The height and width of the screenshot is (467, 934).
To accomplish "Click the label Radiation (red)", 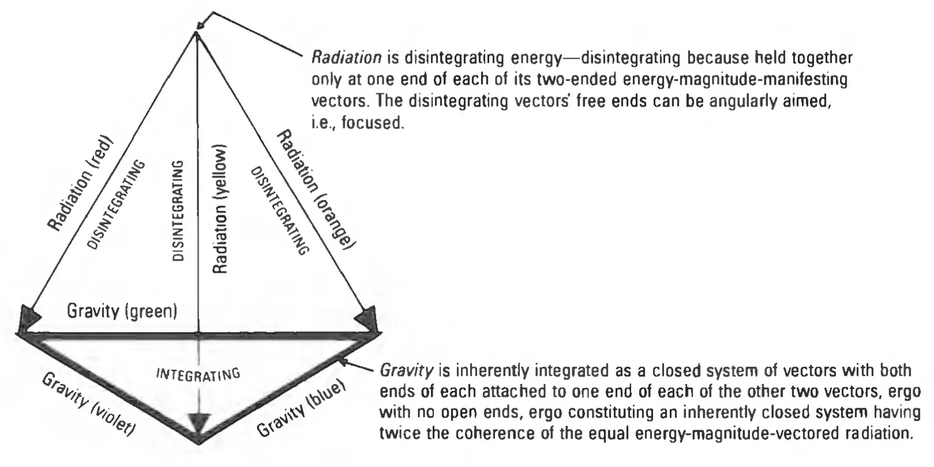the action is (x=80, y=183).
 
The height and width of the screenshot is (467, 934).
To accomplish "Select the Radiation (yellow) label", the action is (x=219, y=209).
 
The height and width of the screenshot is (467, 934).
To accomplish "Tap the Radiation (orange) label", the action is (x=317, y=189).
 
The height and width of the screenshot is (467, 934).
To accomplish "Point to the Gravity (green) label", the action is (x=122, y=312).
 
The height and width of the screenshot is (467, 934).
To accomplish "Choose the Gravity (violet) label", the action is (x=89, y=404).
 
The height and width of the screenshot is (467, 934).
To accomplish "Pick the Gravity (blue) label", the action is (x=301, y=408).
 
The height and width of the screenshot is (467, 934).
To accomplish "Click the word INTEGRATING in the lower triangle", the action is (x=198, y=374).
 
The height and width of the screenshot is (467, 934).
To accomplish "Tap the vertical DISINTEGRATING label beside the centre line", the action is (x=178, y=211).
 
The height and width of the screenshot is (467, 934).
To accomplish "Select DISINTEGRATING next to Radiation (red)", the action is (x=116, y=205).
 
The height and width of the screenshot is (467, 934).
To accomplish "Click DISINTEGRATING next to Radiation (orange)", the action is (x=280, y=211).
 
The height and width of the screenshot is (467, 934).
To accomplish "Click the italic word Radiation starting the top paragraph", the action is (x=346, y=58).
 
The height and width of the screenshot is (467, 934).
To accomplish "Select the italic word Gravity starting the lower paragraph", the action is (x=406, y=371).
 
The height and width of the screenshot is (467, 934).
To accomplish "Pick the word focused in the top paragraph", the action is (x=372, y=123).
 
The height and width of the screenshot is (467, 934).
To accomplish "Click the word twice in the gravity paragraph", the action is (x=400, y=433).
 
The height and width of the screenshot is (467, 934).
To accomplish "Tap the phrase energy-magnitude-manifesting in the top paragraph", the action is (x=735, y=79).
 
